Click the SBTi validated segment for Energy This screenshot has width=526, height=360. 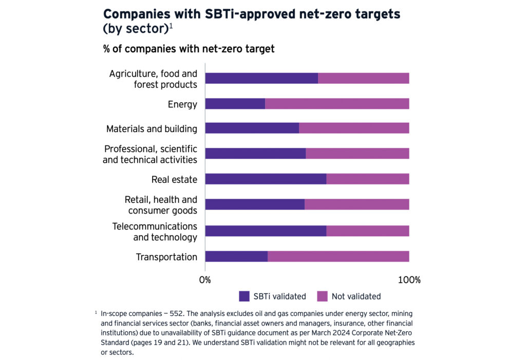[x=235, y=104]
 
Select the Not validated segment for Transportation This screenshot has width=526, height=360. [x=338, y=256]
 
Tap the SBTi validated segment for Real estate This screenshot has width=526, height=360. [x=266, y=179]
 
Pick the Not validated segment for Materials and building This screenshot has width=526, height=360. [x=354, y=128]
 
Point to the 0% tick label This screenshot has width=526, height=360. [x=205, y=280]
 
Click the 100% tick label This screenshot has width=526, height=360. [x=409, y=280]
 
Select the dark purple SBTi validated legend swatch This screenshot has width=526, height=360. [x=244, y=296]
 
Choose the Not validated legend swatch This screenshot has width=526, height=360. [x=322, y=296]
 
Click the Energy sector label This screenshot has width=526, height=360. [x=182, y=104]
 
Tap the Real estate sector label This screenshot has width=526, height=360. [x=174, y=179]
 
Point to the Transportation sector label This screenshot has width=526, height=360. [x=166, y=257]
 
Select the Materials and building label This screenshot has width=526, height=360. [x=152, y=128]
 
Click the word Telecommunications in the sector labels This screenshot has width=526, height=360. [x=155, y=226]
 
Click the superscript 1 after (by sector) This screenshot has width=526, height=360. [x=171, y=26]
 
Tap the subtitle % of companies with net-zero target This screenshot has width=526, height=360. [x=189, y=49]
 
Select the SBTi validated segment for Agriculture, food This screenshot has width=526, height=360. [x=261, y=78]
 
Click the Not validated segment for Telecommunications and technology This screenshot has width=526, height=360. [x=368, y=231]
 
